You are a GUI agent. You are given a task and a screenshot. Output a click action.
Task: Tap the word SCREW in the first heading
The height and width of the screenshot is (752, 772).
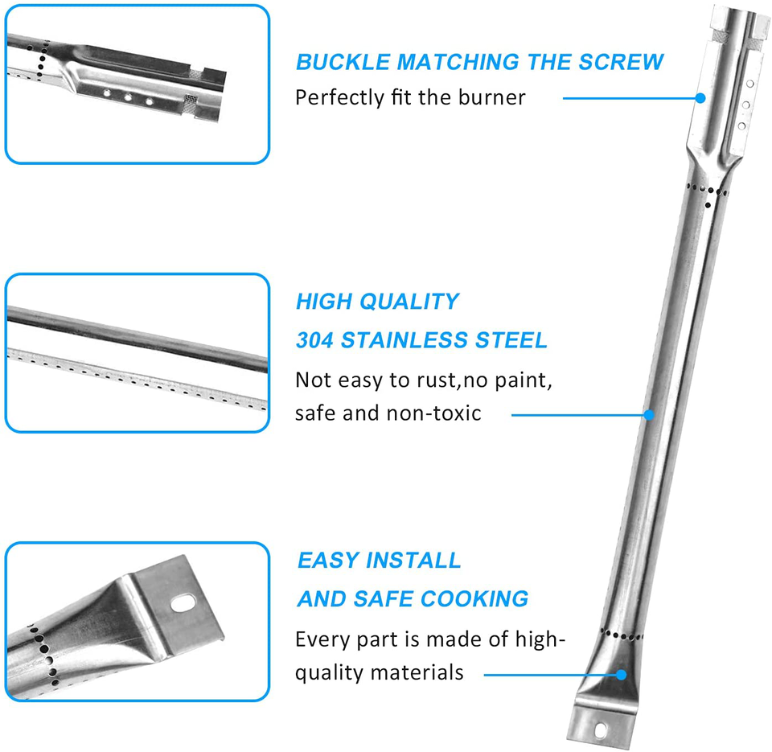(x=621, y=62)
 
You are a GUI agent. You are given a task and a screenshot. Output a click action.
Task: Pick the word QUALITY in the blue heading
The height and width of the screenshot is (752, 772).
(x=409, y=302)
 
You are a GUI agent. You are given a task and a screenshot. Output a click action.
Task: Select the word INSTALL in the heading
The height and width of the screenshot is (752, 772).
(x=413, y=561)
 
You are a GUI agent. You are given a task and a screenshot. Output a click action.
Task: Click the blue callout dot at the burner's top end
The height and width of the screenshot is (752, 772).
(x=700, y=98)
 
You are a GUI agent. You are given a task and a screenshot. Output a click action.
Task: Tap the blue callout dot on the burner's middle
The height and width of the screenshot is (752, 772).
(x=649, y=415)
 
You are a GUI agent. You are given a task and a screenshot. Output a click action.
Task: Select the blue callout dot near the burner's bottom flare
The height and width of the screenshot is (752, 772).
(x=622, y=675)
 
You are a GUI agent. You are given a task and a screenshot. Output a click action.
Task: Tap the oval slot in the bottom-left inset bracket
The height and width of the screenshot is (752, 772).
(x=183, y=602)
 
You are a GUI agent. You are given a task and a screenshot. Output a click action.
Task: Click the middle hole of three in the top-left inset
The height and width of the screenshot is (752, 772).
(x=128, y=97)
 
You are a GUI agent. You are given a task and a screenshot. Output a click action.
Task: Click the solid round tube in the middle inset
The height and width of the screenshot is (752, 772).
(x=138, y=339)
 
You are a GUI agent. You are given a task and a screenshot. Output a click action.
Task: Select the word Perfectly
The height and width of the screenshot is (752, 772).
(x=339, y=97)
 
